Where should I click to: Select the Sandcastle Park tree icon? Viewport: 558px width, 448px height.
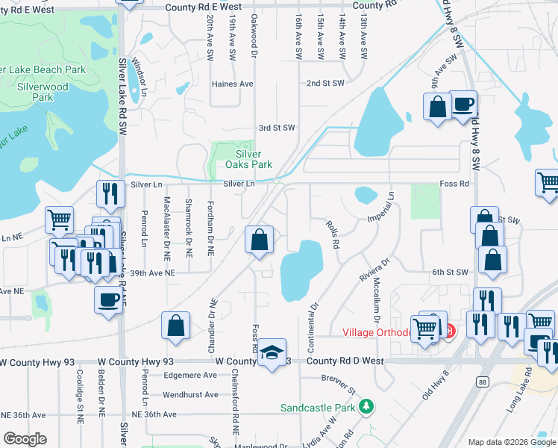pyautogui.click(x=366, y=407)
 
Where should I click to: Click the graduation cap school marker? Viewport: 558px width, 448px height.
pyautogui.click(x=273, y=352)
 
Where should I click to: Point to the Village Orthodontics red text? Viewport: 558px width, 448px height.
pyautogui.click(x=377, y=332)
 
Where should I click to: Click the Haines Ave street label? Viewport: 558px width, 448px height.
pyautogui.click(x=233, y=84)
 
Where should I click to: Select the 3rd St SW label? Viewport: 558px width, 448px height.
pyautogui.click(x=277, y=128)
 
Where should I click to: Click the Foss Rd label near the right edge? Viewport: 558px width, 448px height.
pyautogui.click(x=454, y=183)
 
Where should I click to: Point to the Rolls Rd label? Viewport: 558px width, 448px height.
pyautogui.click(x=333, y=234)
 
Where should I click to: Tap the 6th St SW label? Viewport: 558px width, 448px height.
pyautogui.click(x=451, y=273)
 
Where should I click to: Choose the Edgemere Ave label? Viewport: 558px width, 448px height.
pyautogui.click(x=190, y=376)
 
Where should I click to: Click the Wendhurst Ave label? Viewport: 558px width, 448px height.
pyautogui.click(x=190, y=394)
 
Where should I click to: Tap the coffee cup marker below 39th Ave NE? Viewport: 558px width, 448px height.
pyautogui.click(x=109, y=299)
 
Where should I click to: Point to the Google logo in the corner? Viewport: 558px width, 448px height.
pyautogui.click(x=25, y=439)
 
